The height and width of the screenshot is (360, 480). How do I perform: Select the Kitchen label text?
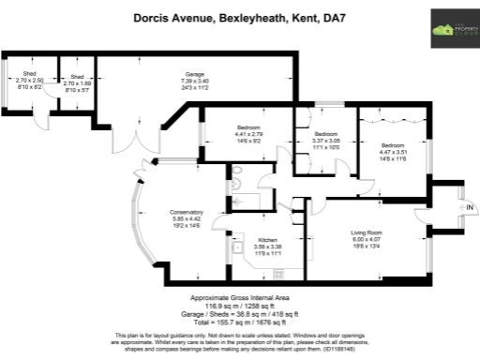[267, 240]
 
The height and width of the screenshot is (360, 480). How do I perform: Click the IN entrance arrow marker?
[470, 206]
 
